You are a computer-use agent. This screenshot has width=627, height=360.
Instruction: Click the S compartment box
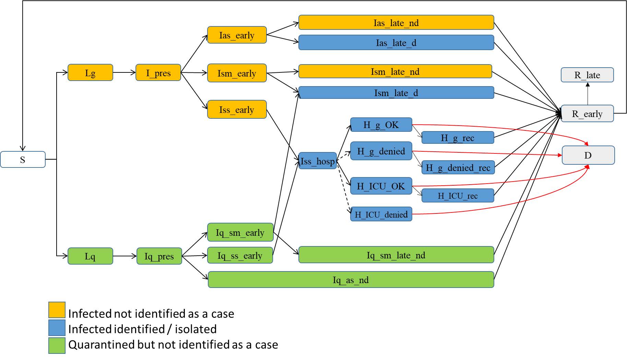pos(23,160)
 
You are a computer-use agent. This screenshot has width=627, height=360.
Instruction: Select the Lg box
pos(90,73)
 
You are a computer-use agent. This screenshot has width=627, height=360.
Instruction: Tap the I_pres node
pos(158,73)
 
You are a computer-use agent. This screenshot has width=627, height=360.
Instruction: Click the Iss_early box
pos(237,109)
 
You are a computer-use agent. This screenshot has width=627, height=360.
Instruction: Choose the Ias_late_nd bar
pos(396,23)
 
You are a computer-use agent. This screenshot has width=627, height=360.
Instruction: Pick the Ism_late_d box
pos(396,93)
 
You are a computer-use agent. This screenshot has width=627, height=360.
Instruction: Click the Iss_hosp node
pos(317,161)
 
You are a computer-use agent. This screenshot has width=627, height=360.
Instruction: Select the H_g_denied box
pos(381,151)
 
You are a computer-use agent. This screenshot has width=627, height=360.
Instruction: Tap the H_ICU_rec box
pos(458,196)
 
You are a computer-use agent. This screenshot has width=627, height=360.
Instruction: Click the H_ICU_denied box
pos(381,214)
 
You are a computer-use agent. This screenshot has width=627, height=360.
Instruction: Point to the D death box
pos(588,155)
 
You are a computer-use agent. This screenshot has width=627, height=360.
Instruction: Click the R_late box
pos(587,75)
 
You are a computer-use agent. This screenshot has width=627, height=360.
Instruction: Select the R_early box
pos(587,114)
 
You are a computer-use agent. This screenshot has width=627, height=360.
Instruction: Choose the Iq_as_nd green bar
pos(351,280)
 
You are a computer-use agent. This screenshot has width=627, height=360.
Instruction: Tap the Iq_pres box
pos(159,256)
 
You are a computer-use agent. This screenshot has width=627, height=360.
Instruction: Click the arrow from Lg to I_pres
pos(124,72)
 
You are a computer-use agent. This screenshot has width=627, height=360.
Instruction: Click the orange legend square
pos(57,310)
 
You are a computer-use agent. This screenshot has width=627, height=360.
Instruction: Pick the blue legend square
pos(57,328)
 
